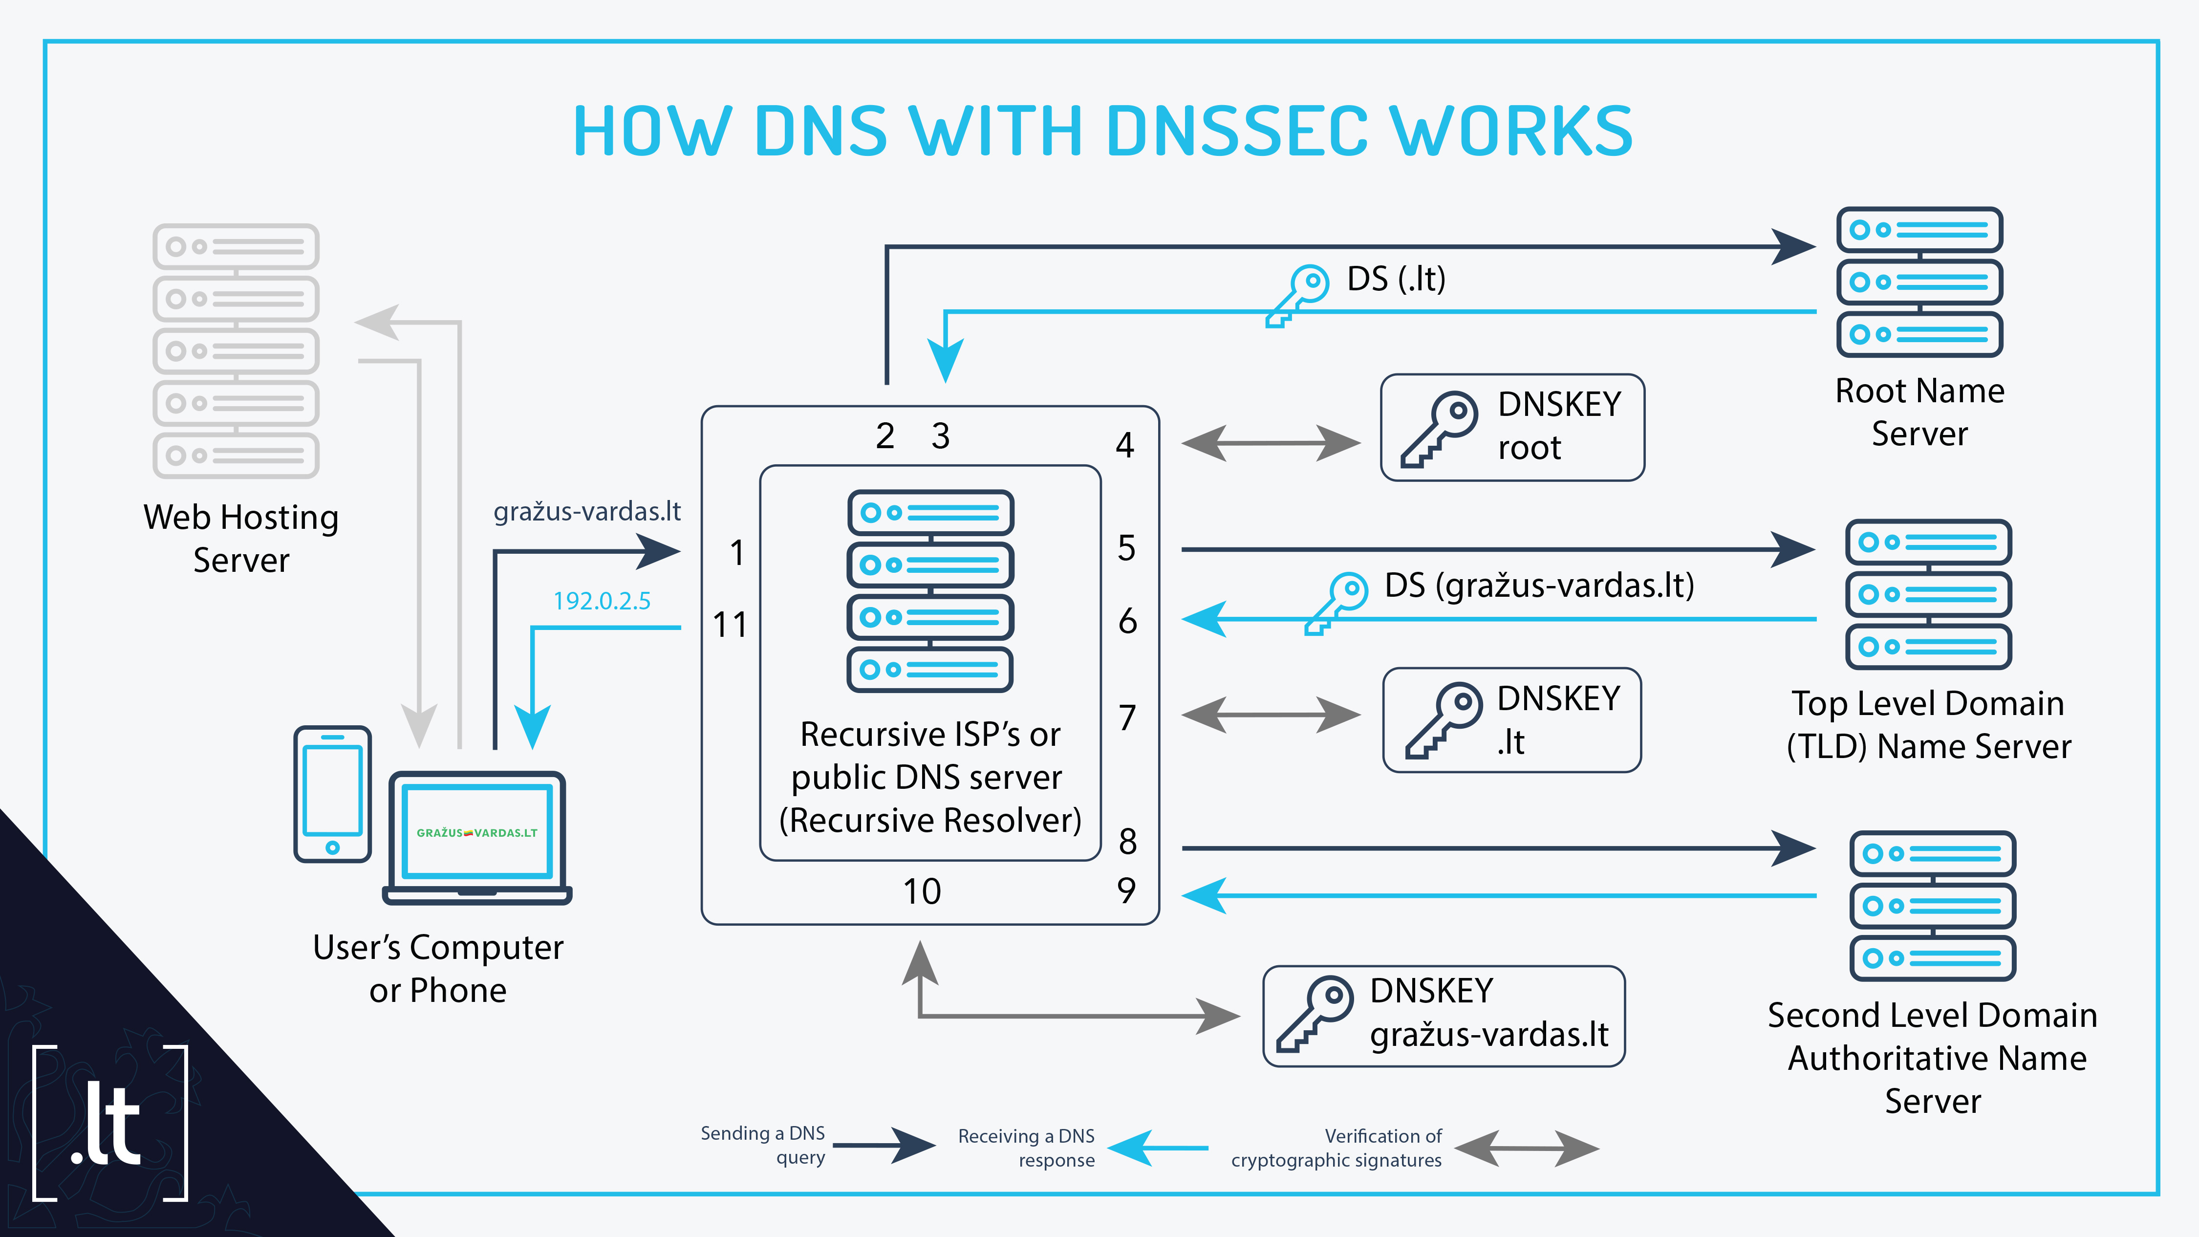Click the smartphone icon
pos(332,794)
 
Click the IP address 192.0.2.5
pos(602,601)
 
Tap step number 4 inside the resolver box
pos(1125,445)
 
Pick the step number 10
pos(922,891)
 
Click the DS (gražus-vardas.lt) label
pos(1539,586)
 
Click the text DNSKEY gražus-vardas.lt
pos(1489,1013)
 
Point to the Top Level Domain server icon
pos(1928,594)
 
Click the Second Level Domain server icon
pos(1933,906)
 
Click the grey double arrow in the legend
pos(1526,1148)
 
